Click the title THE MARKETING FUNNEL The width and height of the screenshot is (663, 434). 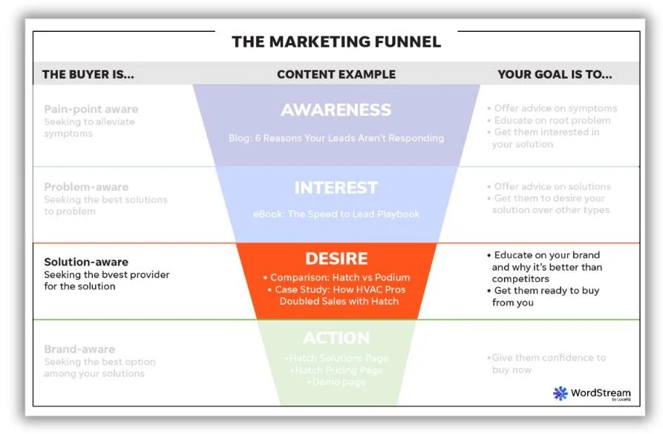pyautogui.click(x=336, y=41)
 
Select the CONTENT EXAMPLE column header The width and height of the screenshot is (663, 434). pyautogui.click(x=336, y=74)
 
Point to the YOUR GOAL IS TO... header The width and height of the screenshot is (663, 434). pyautogui.click(x=555, y=74)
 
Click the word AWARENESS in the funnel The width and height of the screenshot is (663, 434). pyautogui.click(x=336, y=110)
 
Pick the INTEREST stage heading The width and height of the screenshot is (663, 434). pyautogui.click(x=336, y=188)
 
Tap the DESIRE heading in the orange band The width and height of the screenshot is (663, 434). pyautogui.click(x=336, y=259)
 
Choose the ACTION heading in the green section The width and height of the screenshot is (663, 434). pyautogui.click(x=336, y=338)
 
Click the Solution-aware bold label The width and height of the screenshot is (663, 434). pyautogui.click(x=86, y=262)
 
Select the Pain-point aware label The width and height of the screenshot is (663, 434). pyautogui.click(x=91, y=109)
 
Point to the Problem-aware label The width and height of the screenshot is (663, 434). pyautogui.click(x=86, y=187)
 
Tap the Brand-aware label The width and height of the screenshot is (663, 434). pyautogui.click(x=79, y=349)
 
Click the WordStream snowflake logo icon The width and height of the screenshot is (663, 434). pyautogui.click(x=560, y=393)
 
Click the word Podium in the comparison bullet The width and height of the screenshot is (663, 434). pyautogui.click(x=392, y=277)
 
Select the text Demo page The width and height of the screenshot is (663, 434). pyautogui.click(x=336, y=381)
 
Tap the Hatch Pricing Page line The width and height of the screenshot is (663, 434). pyautogui.click(x=336, y=369)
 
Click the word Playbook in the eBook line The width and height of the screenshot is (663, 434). pyautogui.click(x=397, y=214)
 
